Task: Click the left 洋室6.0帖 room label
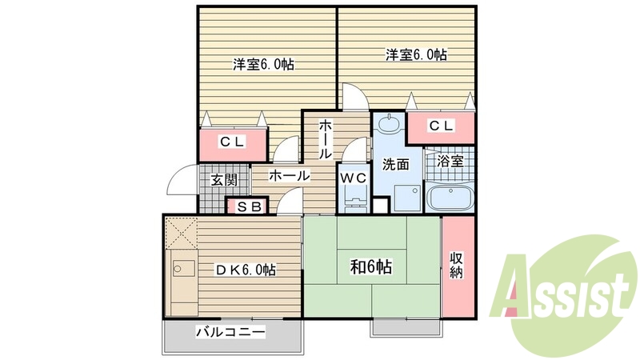click(x=263, y=64)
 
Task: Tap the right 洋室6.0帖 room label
click(x=416, y=55)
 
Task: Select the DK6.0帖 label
click(x=243, y=270)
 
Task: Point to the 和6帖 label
click(x=370, y=269)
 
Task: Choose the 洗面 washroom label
click(x=395, y=164)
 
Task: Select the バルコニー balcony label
click(x=230, y=331)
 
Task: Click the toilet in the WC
click(x=354, y=200)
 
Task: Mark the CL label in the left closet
click(x=233, y=142)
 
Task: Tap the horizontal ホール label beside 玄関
click(x=290, y=175)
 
